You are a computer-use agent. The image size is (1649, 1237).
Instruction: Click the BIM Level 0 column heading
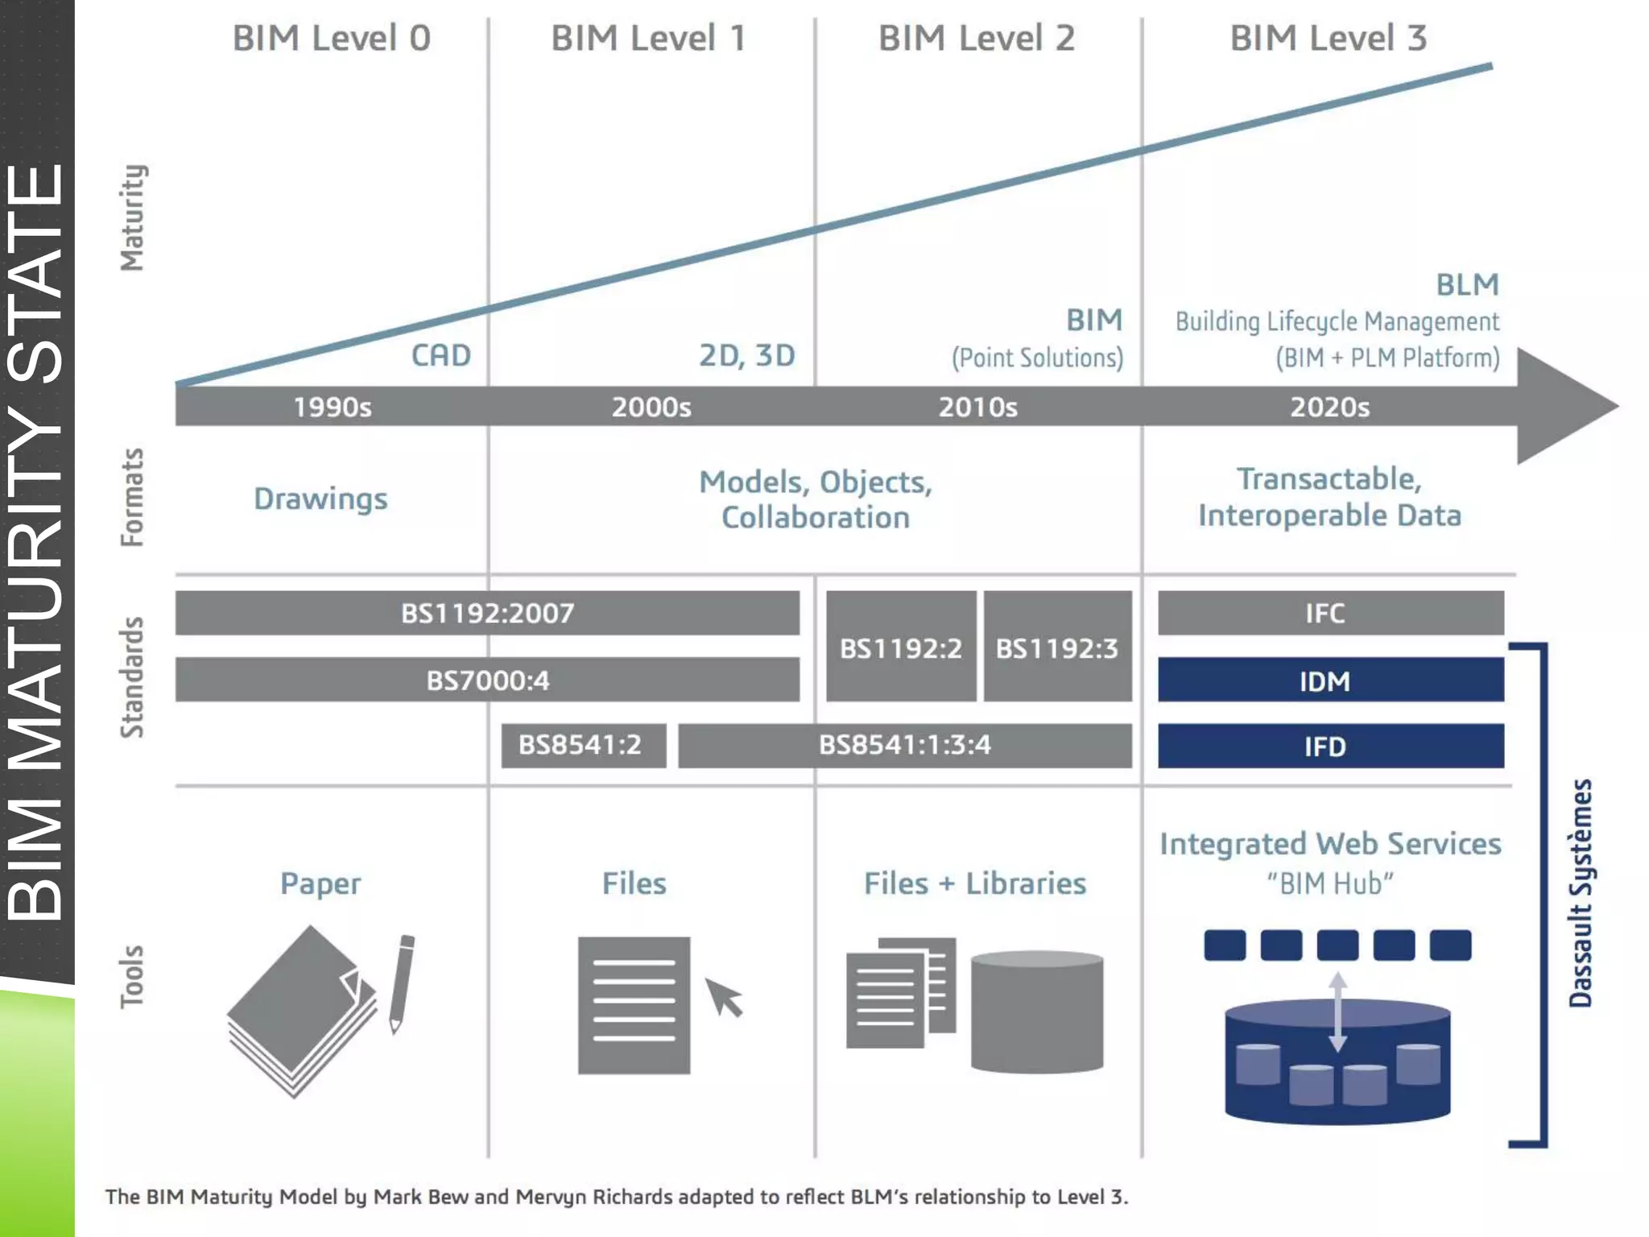pyautogui.click(x=332, y=39)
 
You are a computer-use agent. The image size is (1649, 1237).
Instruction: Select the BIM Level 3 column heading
pyautogui.click(x=1329, y=39)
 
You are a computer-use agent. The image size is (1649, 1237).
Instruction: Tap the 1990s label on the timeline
pyautogui.click(x=332, y=407)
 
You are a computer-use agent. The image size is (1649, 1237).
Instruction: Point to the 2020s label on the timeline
pyautogui.click(x=1329, y=407)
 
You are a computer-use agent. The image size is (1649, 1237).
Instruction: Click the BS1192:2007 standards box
pyautogui.click(x=487, y=613)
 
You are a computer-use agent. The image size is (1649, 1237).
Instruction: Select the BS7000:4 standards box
pyautogui.click(x=487, y=680)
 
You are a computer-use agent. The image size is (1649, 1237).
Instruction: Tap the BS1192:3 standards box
pyautogui.click(x=1057, y=647)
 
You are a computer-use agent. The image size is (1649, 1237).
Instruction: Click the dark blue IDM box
pyautogui.click(x=1330, y=681)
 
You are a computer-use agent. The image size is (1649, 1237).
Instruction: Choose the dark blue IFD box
pyautogui.click(x=1330, y=746)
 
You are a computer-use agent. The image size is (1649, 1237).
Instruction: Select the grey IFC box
pyautogui.click(x=1330, y=613)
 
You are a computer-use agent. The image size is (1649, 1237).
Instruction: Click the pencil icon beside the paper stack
pyautogui.click(x=401, y=983)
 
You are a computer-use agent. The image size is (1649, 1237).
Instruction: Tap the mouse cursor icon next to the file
pyautogui.click(x=724, y=997)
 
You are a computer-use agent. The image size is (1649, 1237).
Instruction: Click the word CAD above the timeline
pyautogui.click(x=440, y=355)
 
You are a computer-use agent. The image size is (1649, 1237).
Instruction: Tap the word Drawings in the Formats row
pyautogui.click(x=320, y=499)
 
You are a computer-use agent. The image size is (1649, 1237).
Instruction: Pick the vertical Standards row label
pyautogui.click(x=132, y=676)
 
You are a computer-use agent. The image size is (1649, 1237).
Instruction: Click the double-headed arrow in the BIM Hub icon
pyautogui.click(x=1337, y=1012)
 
